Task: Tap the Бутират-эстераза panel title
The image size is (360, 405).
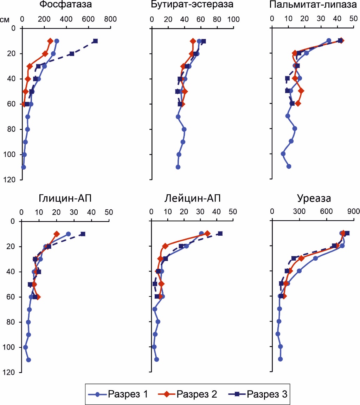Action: click(192, 5)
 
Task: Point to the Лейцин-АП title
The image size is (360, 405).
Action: click(192, 199)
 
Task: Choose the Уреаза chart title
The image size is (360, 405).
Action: click(314, 199)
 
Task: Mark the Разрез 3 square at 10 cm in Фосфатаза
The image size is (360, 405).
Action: click(95, 41)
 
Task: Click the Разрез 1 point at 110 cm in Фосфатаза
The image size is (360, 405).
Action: click(24, 167)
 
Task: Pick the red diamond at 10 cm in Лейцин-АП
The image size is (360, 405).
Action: click(207, 234)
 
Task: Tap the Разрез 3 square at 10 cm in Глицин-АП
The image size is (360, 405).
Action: click(83, 234)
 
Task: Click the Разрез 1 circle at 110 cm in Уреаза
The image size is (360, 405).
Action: click(280, 359)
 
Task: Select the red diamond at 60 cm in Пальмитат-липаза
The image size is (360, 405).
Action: click(298, 104)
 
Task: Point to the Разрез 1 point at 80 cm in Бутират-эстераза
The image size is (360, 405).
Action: click(184, 129)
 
